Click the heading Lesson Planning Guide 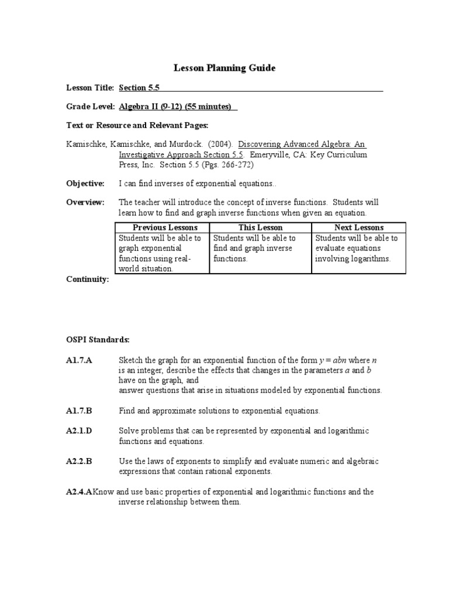point(224,68)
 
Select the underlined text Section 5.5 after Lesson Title point(139,88)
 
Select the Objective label point(85,183)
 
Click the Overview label point(85,202)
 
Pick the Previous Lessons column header point(165,227)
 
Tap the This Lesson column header point(260,227)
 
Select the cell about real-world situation point(160,253)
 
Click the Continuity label point(87,280)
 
